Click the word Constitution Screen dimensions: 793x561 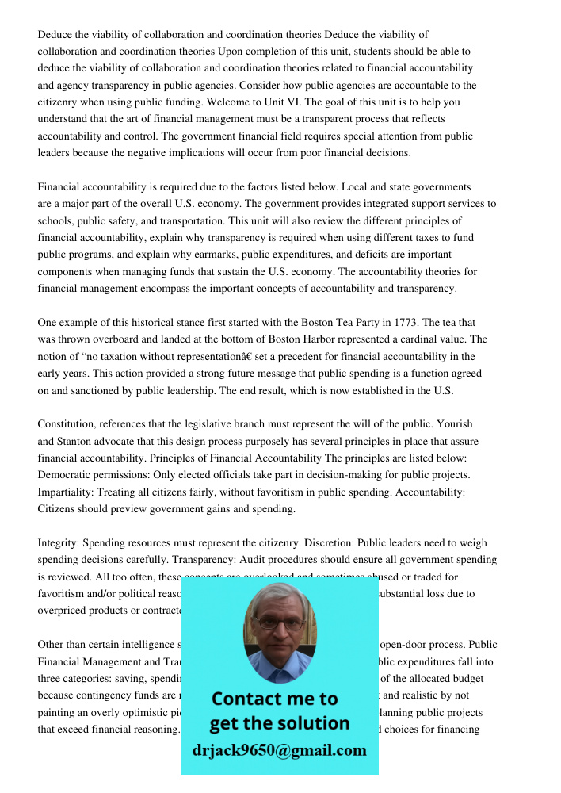(69, 424)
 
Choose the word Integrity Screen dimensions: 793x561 (58, 543)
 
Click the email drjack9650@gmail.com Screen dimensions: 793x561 (280, 750)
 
